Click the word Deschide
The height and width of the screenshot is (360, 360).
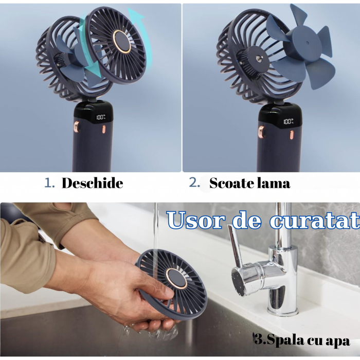point(92,183)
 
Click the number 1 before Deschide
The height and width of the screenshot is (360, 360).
point(48,183)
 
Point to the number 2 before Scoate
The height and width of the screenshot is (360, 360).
point(194,183)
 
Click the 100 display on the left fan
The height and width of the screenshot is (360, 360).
point(100,118)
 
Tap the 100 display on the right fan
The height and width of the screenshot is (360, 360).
point(287,122)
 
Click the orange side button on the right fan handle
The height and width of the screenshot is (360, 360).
point(260,133)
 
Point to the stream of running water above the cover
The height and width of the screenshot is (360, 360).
point(155,226)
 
